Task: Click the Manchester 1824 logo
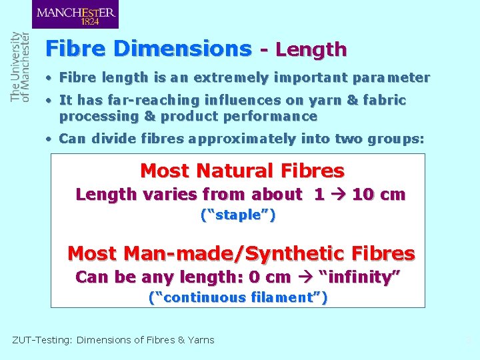click(75, 15)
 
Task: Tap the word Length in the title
click(311, 49)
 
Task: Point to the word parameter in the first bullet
click(391, 77)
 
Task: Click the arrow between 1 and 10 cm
click(337, 195)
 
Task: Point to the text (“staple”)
click(238, 215)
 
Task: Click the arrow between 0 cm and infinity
click(305, 277)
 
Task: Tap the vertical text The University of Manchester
click(20, 67)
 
